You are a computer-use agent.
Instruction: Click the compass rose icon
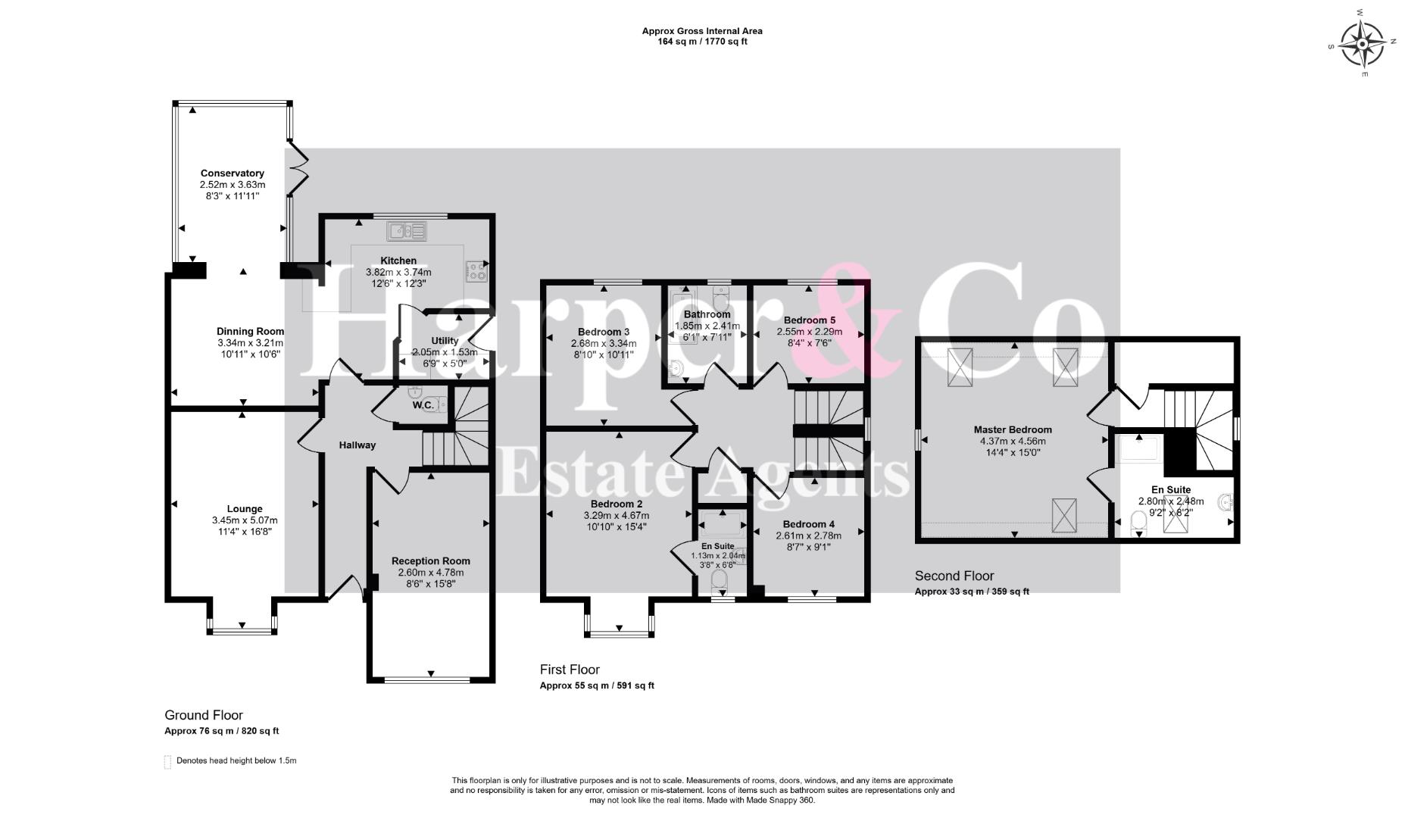(x=1363, y=43)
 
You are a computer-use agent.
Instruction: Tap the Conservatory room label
(x=233, y=173)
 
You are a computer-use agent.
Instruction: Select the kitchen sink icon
(x=407, y=230)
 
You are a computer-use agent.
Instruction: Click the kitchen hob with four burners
(x=477, y=270)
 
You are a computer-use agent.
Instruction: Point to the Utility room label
(x=445, y=341)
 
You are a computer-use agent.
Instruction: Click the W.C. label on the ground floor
(x=423, y=405)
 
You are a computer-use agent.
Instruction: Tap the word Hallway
(x=357, y=445)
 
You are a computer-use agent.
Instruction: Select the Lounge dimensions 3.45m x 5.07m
(x=245, y=520)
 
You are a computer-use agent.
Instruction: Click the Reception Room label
(x=431, y=561)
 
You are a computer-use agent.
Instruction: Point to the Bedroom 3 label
(x=604, y=332)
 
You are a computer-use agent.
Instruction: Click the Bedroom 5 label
(x=810, y=320)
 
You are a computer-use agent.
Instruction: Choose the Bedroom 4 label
(x=809, y=524)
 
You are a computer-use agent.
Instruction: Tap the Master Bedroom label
(x=1013, y=429)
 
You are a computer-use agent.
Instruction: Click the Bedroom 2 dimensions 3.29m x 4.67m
(x=616, y=516)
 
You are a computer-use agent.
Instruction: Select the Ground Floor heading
(x=204, y=715)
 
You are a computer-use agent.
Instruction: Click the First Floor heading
(x=570, y=670)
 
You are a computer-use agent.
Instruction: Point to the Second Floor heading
(x=954, y=576)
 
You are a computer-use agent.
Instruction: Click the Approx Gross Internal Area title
(x=702, y=31)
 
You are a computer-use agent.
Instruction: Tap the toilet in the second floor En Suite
(x=1138, y=523)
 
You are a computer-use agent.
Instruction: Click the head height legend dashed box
(x=167, y=761)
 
